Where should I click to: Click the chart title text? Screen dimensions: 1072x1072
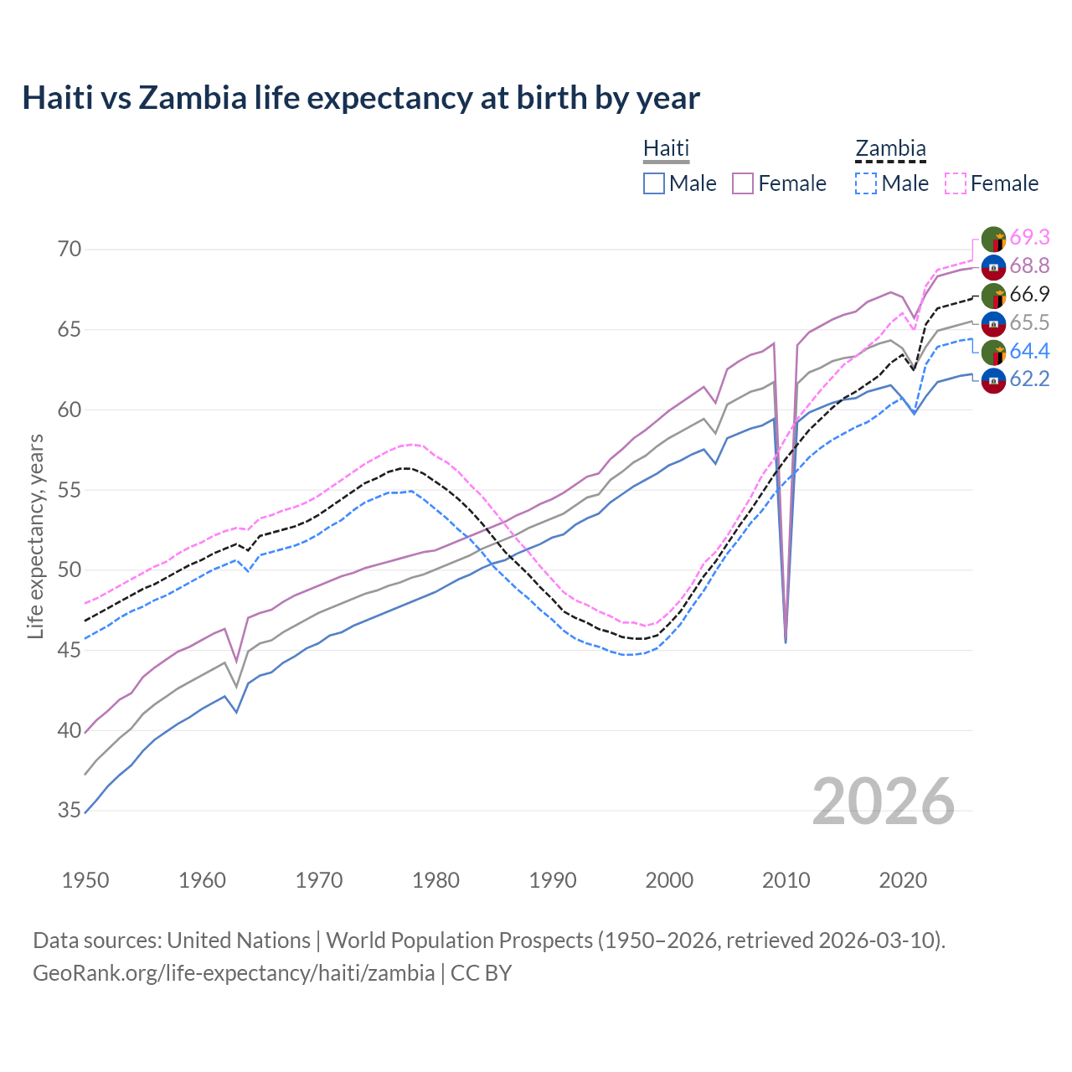pos(360,98)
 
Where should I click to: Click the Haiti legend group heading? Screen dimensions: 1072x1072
pos(666,148)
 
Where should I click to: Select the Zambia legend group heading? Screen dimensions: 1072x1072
pos(890,148)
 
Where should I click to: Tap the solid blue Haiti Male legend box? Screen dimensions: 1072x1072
pos(654,183)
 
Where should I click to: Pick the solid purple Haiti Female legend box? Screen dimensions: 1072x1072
pos(743,183)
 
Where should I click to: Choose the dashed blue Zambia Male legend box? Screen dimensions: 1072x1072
pos(866,183)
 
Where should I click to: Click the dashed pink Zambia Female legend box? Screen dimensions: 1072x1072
pos(956,183)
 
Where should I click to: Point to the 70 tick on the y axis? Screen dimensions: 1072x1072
pos(70,249)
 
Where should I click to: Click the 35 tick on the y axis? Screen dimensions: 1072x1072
pos(70,811)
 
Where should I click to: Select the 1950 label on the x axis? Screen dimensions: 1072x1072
pos(85,880)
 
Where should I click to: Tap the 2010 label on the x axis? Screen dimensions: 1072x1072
pos(786,880)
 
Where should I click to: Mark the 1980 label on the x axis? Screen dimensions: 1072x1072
pos(436,880)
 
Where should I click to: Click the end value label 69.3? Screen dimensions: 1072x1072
pos(1029,238)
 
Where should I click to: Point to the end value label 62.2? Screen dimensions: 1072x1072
pos(1029,379)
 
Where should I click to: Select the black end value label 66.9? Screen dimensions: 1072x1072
pos(1029,294)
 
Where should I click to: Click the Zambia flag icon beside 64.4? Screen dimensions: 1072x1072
pos(993,352)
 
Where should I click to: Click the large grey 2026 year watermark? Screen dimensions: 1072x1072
pos(884,801)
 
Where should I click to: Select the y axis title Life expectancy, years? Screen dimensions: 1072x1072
pos(35,536)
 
